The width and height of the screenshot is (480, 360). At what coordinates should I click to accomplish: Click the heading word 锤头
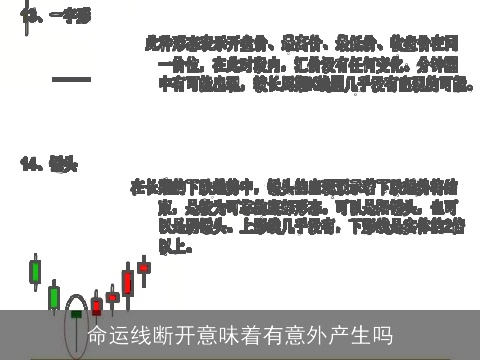click(63, 162)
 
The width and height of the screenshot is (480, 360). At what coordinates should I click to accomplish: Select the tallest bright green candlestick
click(35, 271)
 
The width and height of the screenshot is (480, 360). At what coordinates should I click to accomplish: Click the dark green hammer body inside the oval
click(75, 313)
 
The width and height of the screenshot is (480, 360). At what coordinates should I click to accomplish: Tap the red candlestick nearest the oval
click(96, 306)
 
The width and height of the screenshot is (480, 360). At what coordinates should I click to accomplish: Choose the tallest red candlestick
click(127, 282)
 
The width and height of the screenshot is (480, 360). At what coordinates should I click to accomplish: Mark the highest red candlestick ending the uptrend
click(144, 267)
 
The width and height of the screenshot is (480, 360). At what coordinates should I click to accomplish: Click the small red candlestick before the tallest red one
click(112, 297)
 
